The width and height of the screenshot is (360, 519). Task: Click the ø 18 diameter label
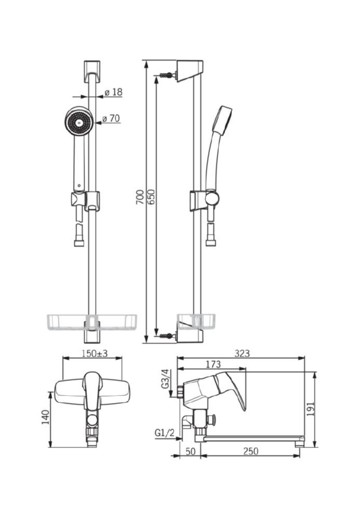[x=114, y=92]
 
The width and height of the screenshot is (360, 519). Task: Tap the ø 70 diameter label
[x=111, y=118]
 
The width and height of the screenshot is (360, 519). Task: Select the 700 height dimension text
[x=140, y=197]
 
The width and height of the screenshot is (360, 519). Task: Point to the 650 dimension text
[x=150, y=197]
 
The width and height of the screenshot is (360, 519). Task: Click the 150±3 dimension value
[x=94, y=353]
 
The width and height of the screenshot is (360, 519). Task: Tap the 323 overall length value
[x=242, y=353]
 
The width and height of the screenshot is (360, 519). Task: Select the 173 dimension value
[x=213, y=364]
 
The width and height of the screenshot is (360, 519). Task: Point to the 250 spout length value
[x=251, y=451]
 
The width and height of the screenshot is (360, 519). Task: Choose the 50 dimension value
[x=190, y=451]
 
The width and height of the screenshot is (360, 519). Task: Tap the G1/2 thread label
[x=164, y=433]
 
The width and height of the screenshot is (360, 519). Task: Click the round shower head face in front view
[x=78, y=121]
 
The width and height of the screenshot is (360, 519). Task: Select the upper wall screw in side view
[x=167, y=75]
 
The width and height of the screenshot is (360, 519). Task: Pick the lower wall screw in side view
[x=167, y=336]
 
